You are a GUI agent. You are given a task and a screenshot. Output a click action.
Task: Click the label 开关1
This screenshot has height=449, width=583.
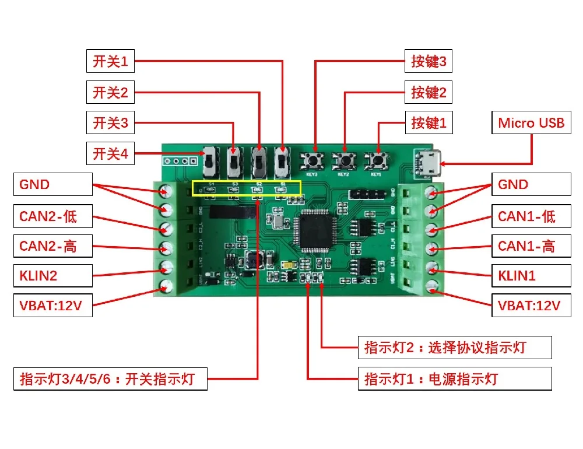(x=110, y=60)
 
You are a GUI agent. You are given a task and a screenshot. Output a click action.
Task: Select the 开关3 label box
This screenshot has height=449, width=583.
(x=110, y=123)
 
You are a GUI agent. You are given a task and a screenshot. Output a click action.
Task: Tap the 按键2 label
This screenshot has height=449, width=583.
(x=429, y=92)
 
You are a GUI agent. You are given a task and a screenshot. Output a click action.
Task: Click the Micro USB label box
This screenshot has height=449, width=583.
(x=531, y=123)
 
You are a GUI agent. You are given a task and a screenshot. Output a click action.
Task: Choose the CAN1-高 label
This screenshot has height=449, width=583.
(x=531, y=246)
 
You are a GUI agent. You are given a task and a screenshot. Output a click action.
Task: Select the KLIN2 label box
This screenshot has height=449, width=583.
(x=52, y=276)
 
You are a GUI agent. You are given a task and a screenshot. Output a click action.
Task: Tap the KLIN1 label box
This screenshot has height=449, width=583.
(x=531, y=276)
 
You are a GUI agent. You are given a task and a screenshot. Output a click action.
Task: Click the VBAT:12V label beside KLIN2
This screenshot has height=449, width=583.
(x=52, y=306)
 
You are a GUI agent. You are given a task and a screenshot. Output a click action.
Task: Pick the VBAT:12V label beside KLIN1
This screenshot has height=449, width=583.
(x=531, y=306)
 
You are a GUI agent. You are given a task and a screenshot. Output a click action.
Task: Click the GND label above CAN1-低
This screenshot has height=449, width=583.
(x=531, y=184)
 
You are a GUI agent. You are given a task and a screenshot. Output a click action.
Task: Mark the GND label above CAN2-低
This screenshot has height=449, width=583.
(x=52, y=184)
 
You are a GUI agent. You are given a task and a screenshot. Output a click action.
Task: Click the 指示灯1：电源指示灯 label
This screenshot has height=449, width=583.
(x=455, y=379)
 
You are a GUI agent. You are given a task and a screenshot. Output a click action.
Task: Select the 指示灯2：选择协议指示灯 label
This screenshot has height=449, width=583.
(x=455, y=348)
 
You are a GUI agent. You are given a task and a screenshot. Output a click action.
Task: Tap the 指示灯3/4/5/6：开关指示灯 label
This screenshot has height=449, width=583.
(x=110, y=379)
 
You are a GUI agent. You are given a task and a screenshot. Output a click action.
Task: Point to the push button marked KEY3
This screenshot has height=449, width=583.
(x=315, y=160)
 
